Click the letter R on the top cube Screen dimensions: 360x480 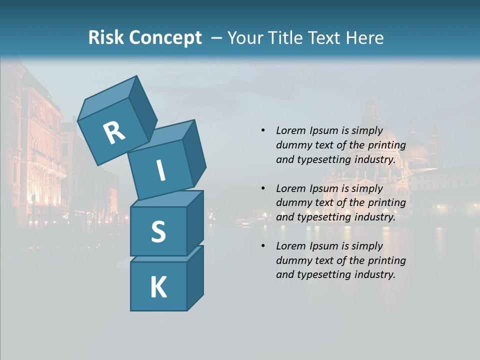coord(114,133)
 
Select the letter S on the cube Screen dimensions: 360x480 coord(158,232)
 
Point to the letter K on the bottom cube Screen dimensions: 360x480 coord(158,287)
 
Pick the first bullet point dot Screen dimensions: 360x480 coord(263,130)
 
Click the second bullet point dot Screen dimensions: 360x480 coord(263,188)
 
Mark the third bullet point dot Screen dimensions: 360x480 coord(263,246)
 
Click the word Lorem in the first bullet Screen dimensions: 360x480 coord(290,130)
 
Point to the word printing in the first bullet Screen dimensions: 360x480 coord(386,145)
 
